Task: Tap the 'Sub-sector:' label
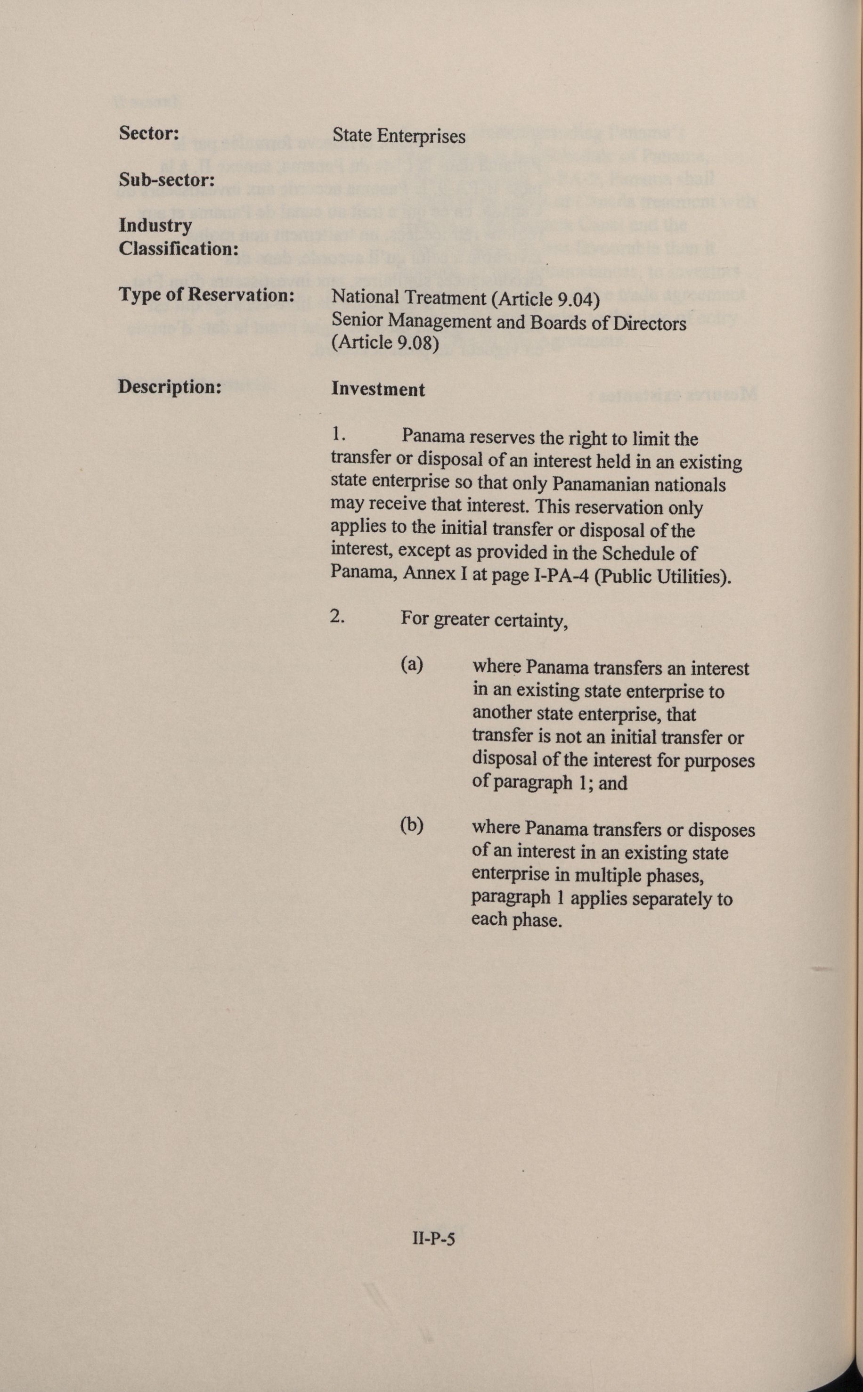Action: [x=167, y=180]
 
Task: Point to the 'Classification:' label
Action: [x=178, y=248]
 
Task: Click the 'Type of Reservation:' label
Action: [x=206, y=295]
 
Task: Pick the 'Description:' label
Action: [x=170, y=387]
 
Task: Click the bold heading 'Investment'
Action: [x=378, y=389]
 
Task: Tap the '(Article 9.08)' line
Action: [x=385, y=342]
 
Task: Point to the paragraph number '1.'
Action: [x=339, y=434]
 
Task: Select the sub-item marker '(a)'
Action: [x=412, y=664]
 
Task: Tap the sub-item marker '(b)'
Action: [x=412, y=825]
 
